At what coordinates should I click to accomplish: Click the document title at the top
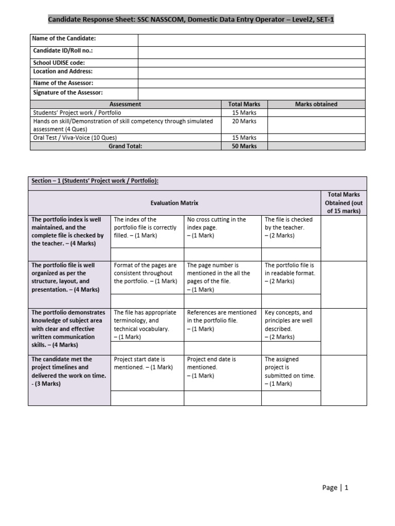click(x=194, y=20)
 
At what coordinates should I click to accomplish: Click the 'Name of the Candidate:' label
click(x=64, y=39)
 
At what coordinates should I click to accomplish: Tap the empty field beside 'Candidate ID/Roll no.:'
click(x=251, y=51)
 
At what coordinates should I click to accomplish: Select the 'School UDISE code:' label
click(x=59, y=63)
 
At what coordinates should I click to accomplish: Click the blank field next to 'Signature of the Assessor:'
click(x=251, y=93)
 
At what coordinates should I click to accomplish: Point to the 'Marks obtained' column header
click(x=316, y=104)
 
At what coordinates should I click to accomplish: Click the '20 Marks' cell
click(x=244, y=121)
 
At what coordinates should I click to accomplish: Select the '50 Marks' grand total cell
click(x=244, y=146)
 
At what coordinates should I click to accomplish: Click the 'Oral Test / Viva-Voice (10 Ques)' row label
click(x=75, y=138)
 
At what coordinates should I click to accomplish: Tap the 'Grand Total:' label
click(x=125, y=146)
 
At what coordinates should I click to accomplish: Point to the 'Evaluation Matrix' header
click(x=174, y=203)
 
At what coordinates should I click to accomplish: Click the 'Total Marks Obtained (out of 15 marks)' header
click(x=344, y=202)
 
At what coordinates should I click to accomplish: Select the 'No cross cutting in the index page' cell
click(x=217, y=227)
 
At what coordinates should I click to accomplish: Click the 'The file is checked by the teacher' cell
click(x=289, y=227)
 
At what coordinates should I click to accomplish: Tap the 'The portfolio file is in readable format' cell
click(x=290, y=273)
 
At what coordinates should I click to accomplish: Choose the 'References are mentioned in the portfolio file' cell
click(x=222, y=321)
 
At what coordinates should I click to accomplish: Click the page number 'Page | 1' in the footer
click(x=335, y=487)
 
